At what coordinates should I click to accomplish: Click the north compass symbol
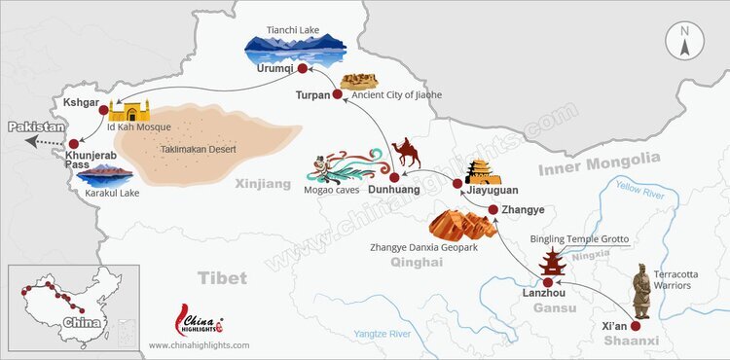tap(685, 42)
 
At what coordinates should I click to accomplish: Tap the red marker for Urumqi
tap(302, 69)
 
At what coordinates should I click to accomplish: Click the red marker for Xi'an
tap(639, 313)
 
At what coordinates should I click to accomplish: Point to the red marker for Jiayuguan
tap(457, 184)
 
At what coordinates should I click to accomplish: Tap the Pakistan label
tap(37, 127)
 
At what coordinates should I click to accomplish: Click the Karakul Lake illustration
tap(104, 174)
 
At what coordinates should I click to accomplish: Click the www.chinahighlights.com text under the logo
tap(199, 345)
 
